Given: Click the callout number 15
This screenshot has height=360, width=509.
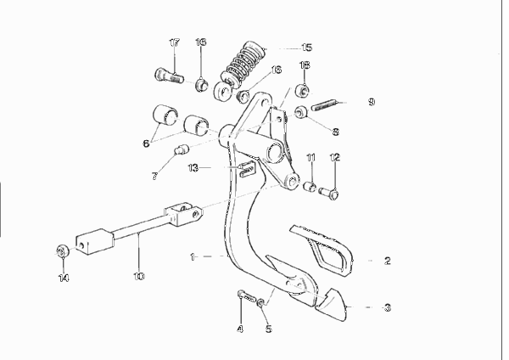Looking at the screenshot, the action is [x=306, y=48].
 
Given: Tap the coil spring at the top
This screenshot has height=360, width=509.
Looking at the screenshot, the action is [x=244, y=64].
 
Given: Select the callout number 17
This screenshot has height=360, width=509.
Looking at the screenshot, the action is [x=174, y=42].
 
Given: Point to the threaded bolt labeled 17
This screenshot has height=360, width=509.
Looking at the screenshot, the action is [x=168, y=76].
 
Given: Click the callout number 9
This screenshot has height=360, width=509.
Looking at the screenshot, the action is [x=372, y=102].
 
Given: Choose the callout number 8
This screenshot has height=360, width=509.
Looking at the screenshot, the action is [x=336, y=132].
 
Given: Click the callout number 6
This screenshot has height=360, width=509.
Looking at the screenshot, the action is [x=147, y=143].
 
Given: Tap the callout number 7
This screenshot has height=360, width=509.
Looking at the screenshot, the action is [x=155, y=176].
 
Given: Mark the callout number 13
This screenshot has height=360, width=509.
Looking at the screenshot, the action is [x=193, y=168].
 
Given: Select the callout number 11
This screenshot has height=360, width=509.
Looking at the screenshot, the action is [x=310, y=158].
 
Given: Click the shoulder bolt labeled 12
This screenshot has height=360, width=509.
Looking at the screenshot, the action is [x=329, y=193].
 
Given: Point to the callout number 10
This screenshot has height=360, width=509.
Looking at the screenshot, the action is [x=138, y=276].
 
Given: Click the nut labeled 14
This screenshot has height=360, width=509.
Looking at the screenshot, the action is [x=61, y=250].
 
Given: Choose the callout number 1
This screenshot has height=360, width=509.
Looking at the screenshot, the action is [x=193, y=257].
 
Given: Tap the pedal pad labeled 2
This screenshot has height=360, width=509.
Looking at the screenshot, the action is [x=322, y=248].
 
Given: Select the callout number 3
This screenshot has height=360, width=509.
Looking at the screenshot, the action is [x=388, y=307].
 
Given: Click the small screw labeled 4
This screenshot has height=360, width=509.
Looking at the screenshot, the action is [x=247, y=295].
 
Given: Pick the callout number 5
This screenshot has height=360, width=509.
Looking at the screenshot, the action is [x=268, y=329].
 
